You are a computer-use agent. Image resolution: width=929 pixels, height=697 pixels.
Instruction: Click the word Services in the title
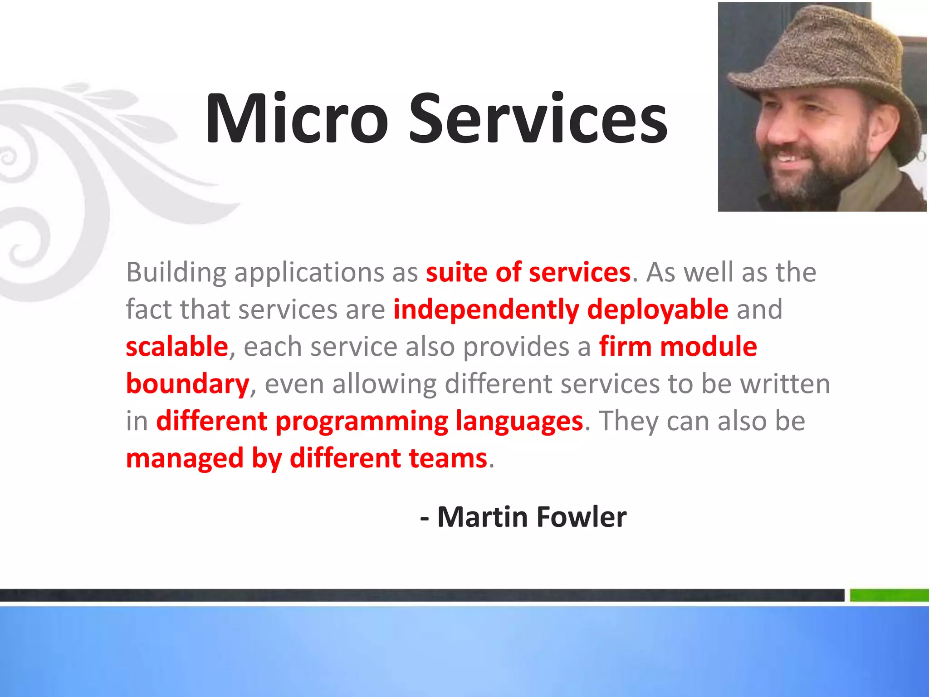538,119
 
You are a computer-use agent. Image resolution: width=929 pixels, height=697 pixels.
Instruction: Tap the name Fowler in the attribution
582,517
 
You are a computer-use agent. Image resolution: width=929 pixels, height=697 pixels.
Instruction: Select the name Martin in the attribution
483,517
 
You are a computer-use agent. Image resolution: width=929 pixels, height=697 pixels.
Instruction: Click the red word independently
486,310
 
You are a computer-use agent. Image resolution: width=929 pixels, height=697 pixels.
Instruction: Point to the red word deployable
658,310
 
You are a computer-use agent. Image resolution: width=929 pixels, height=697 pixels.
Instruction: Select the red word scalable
177,347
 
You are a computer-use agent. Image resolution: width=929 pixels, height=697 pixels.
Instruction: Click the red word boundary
187,384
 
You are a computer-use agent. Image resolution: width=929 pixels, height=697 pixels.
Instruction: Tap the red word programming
362,422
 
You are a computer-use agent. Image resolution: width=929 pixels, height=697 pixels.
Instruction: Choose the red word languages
519,422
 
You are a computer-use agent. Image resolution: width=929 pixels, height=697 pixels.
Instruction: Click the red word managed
185,459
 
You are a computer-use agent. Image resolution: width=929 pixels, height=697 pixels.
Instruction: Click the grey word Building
176,273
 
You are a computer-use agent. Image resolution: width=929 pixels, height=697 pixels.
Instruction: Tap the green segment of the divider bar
889,595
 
